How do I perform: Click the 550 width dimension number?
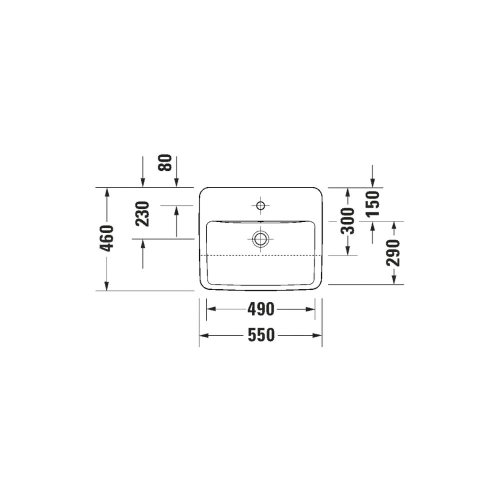261,335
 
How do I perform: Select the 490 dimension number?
261,309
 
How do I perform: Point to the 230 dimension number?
142,213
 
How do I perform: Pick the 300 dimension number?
347,221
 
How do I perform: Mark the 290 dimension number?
393,253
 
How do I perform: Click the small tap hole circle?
261,205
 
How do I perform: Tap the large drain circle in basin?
261,238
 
